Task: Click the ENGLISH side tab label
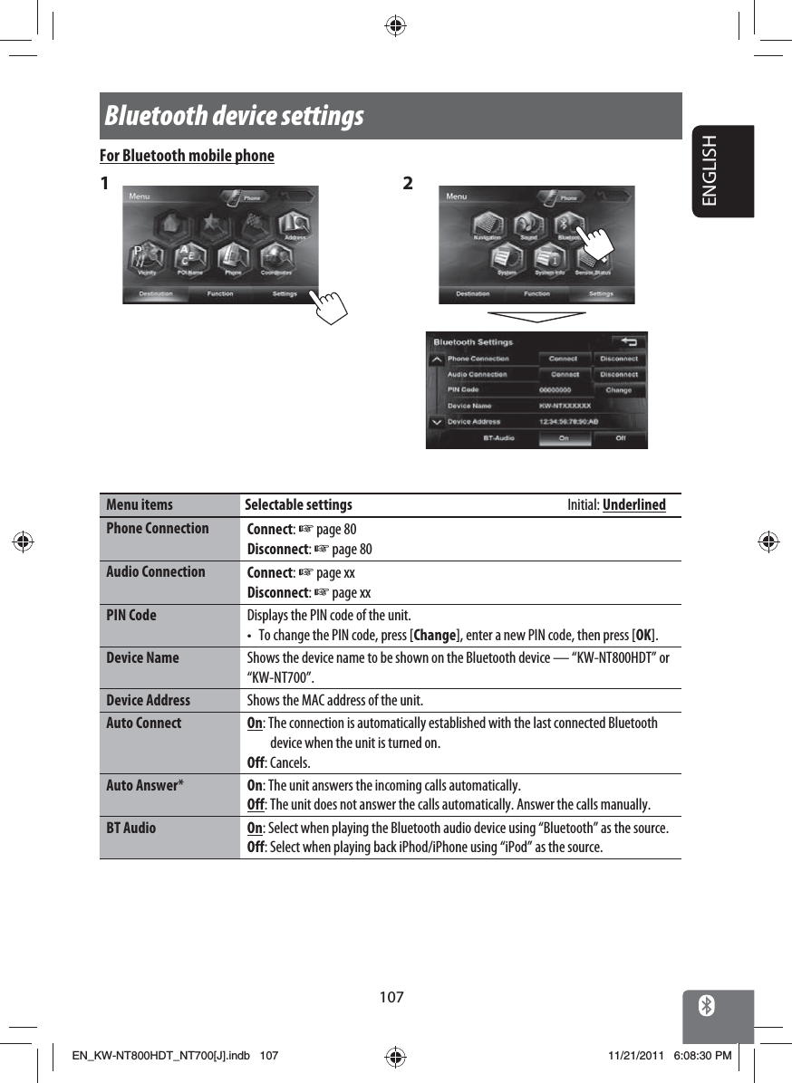point(721,170)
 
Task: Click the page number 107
point(391,997)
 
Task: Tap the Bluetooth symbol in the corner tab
point(707,1005)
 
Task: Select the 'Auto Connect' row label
point(143,724)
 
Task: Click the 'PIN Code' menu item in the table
point(131,616)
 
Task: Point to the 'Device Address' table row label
point(148,701)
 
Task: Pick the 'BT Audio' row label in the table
point(130,829)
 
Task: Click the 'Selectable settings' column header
point(299,505)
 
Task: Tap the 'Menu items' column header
point(140,505)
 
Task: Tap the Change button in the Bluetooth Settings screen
point(618,390)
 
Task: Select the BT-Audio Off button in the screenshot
point(621,438)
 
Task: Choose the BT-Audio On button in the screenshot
point(563,438)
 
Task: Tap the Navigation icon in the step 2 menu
point(487,225)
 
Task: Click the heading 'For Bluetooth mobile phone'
point(187,156)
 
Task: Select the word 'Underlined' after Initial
point(633,505)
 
